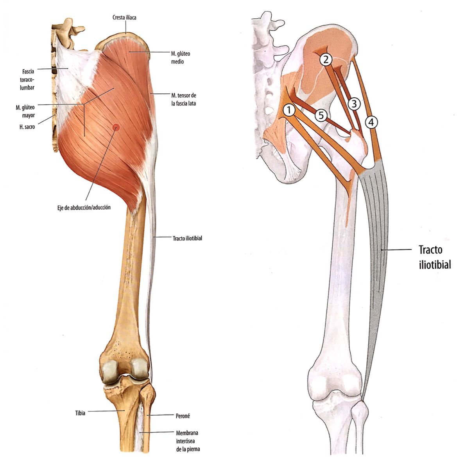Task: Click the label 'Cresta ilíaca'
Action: coord(124,18)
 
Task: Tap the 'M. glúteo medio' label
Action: coord(180,57)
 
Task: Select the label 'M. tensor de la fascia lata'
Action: coord(183,99)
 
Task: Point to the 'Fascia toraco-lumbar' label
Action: coord(27,79)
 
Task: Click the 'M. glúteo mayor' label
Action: coord(25,111)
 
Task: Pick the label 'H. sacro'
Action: coord(27,127)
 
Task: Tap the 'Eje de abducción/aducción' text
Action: coord(84,208)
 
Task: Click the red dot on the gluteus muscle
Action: coord(116,127)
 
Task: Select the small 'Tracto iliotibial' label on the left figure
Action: coord(187,238)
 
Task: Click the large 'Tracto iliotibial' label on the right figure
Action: coord(434,257)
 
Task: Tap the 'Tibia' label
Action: coord(80,413)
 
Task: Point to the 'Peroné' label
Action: coord(183,416)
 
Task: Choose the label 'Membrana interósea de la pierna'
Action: coord(187,441)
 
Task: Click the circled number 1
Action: coord(289,110)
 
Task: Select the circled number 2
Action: coord(326,59)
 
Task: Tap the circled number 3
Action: coord(354,104)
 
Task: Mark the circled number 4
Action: coord(371,122)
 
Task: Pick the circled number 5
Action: coord(321,115)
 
